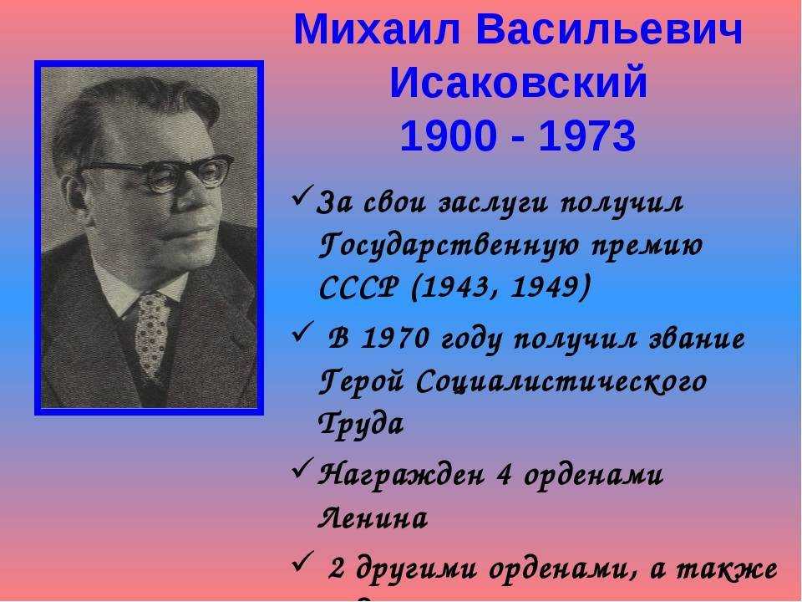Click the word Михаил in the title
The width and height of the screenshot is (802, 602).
[x=378, y=29]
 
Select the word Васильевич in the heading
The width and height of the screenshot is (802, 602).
[x=609, y=29]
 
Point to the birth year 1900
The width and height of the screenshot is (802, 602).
[x=449, y=136]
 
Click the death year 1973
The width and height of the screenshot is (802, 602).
[x=587, y=136]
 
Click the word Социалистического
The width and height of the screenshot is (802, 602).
[x=561, y=382]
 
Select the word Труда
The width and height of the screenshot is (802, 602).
[x=362, y=424]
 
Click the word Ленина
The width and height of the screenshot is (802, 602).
[x=373, y=518]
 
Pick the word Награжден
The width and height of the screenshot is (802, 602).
[x=401, y=476]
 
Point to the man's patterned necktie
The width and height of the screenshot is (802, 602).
[x=151, y=333]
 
